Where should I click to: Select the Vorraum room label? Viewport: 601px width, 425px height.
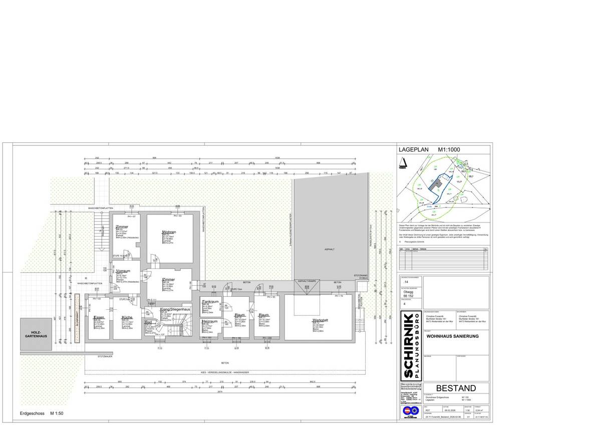(123, 271)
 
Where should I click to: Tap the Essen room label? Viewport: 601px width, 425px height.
(99, 318)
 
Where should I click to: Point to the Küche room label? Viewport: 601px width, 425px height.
(127, 318)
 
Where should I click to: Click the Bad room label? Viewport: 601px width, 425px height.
(148, 323)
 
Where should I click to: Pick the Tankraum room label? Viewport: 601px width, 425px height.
(210, 302)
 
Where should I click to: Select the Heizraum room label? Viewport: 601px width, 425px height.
(209, 321)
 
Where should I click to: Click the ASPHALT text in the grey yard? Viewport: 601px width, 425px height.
(330, 248)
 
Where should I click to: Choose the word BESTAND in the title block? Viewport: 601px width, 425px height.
(455, 388)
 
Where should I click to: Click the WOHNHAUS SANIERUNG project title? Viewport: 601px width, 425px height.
(450, 337)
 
